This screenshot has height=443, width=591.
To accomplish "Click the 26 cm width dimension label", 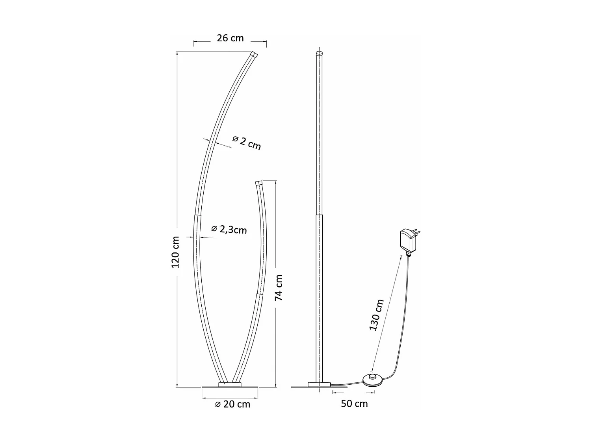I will point(230,38).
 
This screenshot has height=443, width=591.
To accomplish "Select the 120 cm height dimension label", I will point(176,252).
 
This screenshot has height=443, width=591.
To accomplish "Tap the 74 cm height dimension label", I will point(279,287).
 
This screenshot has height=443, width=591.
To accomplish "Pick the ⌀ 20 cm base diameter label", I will point(232,404).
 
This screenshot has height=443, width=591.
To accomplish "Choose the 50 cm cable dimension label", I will point(354,404).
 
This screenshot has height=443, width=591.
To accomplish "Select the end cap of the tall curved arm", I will point(253,54).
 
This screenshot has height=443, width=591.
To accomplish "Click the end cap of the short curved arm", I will point(259,183).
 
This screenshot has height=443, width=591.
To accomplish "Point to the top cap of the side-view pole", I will point(319,52).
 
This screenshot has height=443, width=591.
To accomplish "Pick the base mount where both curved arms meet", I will point(230,384).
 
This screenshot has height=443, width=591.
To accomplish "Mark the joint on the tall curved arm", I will point(197,215).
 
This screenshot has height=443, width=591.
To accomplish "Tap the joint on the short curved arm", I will point(259,293).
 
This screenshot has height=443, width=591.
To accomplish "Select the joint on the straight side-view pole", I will point(319,215).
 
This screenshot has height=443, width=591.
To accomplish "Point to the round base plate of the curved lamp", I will point(230,388).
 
